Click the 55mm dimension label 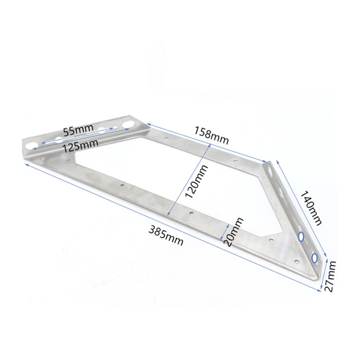(x=79, y=130)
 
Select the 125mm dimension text (x=80, y=146)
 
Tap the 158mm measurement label (x=212, y=136)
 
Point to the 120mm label (x=197, y=181)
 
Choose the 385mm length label (x=166, y=236)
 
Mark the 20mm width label (x=234, y=232)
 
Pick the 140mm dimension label (x=311, y=208)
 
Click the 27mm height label (x=330, y=276)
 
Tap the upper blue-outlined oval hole (x=301, y=236)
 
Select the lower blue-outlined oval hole (x=314, y=258)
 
